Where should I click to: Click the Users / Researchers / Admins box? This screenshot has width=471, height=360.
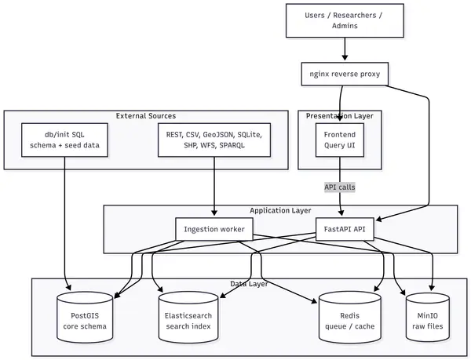[x=345, y=20]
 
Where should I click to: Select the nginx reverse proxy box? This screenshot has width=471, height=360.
[x=345, y=74]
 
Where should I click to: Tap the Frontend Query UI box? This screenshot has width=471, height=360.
[x=340, y=140]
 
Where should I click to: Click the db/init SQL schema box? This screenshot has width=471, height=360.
[x=64, y=140]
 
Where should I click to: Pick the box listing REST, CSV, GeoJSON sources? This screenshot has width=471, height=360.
[x=214, y=140]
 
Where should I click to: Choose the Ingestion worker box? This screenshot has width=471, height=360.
[x=214, y=229]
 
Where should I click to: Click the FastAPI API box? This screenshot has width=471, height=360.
[x=345, y=229]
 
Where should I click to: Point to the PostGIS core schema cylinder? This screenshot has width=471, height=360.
[x=85, y=318]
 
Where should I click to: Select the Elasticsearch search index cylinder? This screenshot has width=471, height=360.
[x=188, y=318]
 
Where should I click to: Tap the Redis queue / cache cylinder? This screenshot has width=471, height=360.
[x=350, y=318]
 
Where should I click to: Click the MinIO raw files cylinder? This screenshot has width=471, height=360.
[x=428, y=318]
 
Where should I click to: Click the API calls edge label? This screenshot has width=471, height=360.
[x=340, y=187]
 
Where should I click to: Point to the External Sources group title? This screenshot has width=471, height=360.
[x=146, y=116]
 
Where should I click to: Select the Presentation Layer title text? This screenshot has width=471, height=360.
[x=340, y=116]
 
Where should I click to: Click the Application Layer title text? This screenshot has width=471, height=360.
[x=280, y=210]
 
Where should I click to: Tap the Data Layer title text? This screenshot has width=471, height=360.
[x=249, y=284]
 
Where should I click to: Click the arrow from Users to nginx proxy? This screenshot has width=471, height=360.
[x=345, y=49]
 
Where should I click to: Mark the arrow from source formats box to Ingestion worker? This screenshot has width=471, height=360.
[x=214, y=186]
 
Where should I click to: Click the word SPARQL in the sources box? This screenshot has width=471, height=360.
[x=232, y=145]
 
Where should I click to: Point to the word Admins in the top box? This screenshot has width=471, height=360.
[x=345, y=26]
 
